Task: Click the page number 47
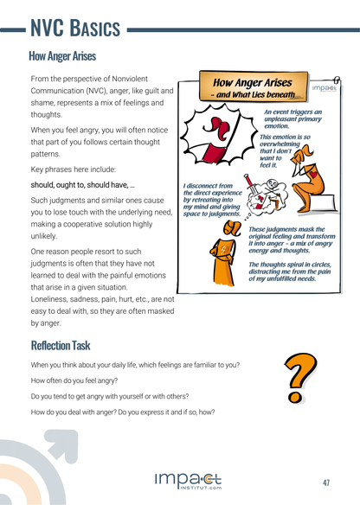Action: click(x=326, y=482)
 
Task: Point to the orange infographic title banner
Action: click(x=251, y=87)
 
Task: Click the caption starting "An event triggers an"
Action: click(x=292, y=118)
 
